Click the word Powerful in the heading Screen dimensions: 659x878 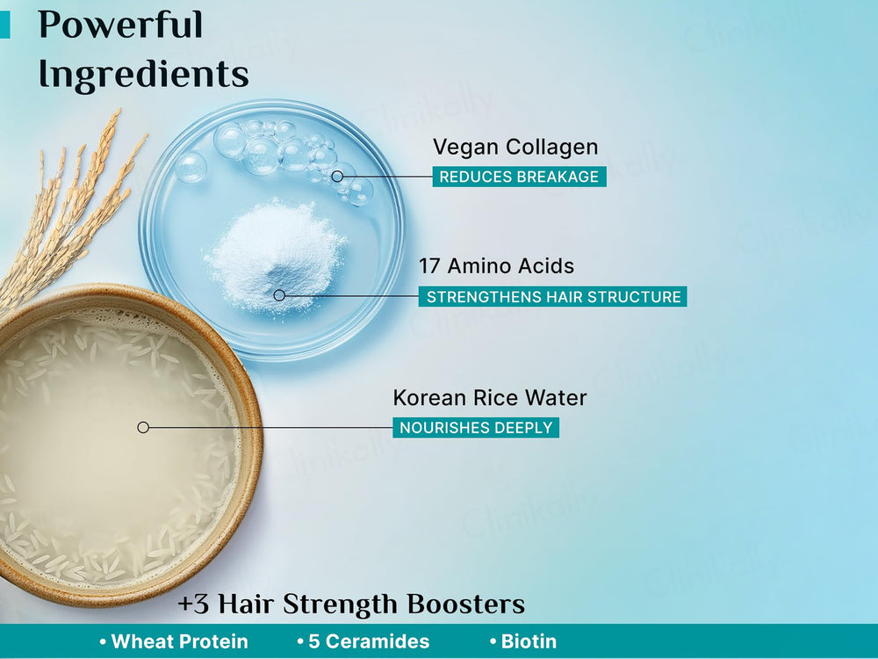(120, 25)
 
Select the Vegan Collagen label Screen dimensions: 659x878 (515, 148)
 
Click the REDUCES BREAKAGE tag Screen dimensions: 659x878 (519, 177)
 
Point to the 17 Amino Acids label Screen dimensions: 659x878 (496, 265)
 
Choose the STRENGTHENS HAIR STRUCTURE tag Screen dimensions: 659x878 (553, 297)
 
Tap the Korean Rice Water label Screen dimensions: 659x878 (490, 397)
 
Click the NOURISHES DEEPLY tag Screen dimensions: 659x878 (476, 428)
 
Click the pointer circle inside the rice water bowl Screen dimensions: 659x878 (143, 427)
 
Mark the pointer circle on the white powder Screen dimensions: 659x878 (279, 295)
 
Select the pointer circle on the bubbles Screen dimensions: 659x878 (337, 177)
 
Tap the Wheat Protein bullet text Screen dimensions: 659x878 (179, 641)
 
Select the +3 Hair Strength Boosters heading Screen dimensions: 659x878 (351, 605)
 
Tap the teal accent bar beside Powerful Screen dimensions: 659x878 (4, 25)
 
